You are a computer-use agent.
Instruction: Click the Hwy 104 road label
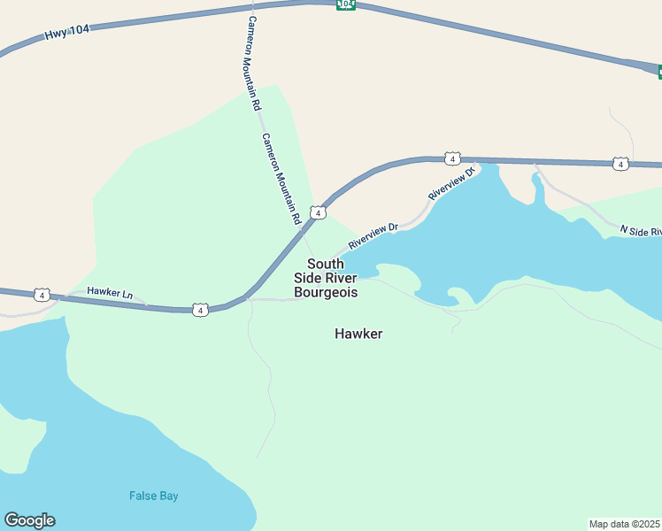pos(66,33)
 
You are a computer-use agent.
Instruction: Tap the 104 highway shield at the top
pos(345,4)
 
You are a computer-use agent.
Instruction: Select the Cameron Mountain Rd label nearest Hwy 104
pos(254,63)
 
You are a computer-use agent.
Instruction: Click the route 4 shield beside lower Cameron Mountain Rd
pos(318,212)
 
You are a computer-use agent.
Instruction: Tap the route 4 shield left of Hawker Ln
pos(42,295)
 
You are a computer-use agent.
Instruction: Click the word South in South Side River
pos(325,264)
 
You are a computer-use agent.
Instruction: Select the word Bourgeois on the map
pos(326,291)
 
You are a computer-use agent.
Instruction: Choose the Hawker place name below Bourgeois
pos(358,334)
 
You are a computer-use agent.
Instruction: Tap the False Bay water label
pos(154,496)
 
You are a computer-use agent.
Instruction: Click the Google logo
pos(29,520)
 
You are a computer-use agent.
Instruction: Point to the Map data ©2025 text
pos(624,524)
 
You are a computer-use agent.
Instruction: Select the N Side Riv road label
pos(640,231)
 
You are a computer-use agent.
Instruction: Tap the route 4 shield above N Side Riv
pos(620,164)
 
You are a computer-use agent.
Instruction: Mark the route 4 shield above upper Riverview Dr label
pos(452,158)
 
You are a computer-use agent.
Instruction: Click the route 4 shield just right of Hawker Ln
pos(201,310)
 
